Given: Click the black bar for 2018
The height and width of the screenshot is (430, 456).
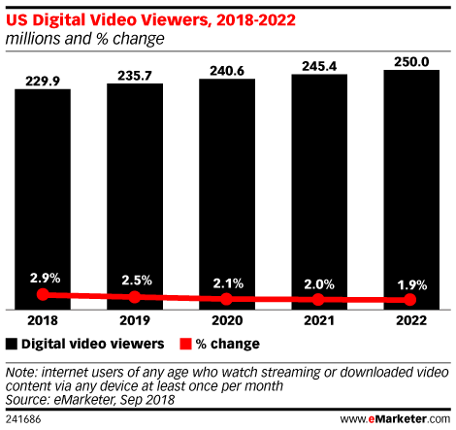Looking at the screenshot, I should (42, 194).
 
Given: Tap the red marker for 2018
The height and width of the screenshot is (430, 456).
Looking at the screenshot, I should (42, 293).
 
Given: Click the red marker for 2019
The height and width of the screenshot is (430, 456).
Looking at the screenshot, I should (134, 296).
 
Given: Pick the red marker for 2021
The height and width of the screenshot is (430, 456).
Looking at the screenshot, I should (318, 299).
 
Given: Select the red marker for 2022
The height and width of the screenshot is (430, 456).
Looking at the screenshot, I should (409, 300).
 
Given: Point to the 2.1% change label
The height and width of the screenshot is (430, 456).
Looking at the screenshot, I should (226, 283).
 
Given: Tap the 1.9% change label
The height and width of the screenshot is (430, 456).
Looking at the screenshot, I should (409, 285).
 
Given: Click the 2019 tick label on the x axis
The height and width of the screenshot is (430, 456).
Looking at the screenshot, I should (134, 319).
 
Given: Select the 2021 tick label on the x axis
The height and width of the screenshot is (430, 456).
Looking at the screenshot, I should (318, 319).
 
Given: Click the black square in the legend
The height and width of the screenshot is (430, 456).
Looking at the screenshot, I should (12, 344).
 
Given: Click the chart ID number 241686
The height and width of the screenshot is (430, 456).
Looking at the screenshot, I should (23, 418).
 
